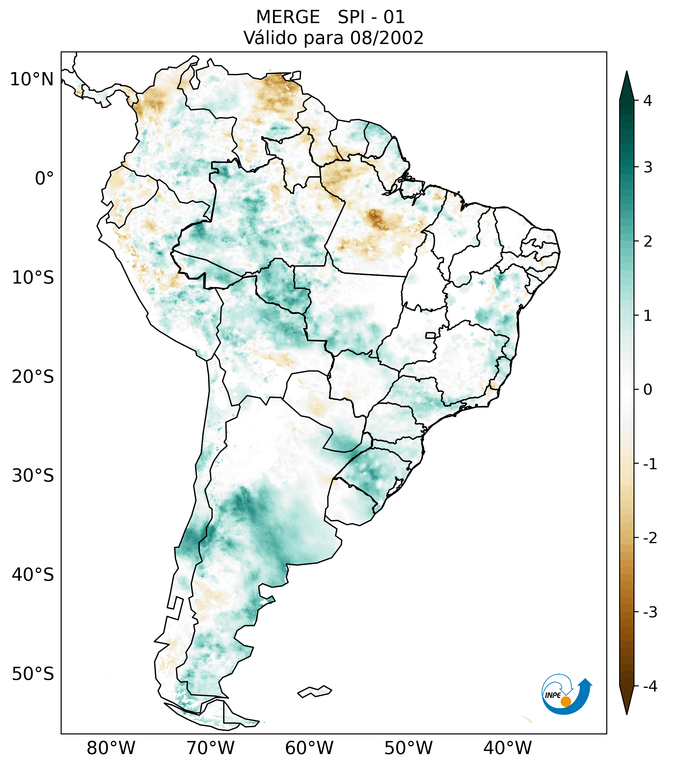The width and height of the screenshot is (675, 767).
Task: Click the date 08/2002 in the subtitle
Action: [387, 38]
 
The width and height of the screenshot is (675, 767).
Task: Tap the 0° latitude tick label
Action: [44, 179]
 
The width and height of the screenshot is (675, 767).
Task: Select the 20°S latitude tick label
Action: [33, 377]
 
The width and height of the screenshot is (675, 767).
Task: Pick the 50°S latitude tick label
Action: [33, 674]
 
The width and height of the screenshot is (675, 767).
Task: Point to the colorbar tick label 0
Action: [648, 390]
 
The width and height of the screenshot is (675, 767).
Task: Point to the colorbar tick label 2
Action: [648, 242]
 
